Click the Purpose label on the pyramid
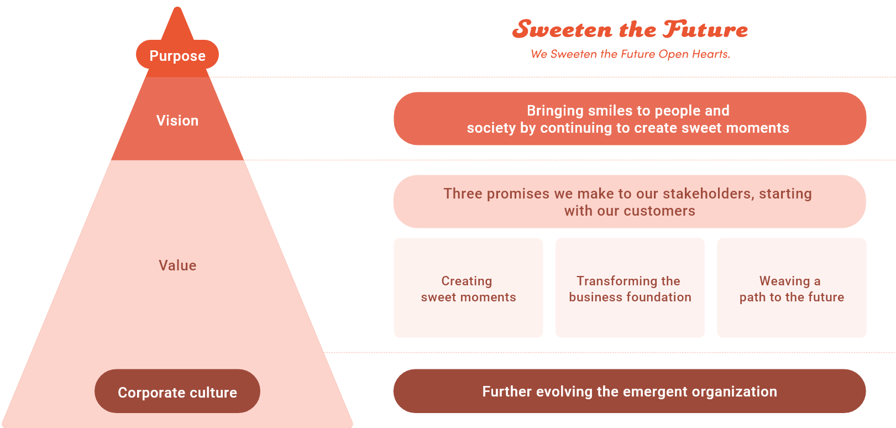coord(177,56)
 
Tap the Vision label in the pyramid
coord(177,121)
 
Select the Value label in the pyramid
coord(177,265)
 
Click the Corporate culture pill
coord(177,392)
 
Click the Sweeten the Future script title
coord(630,29)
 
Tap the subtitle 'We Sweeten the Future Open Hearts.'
coord(630,54)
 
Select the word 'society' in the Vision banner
coord(491,128)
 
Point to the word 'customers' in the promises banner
coord(659,211)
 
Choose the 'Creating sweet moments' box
coord(468,288)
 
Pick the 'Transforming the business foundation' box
coord(630,288)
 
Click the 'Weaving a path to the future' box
coord(792,288)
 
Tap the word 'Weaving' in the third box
coord(784,281)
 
